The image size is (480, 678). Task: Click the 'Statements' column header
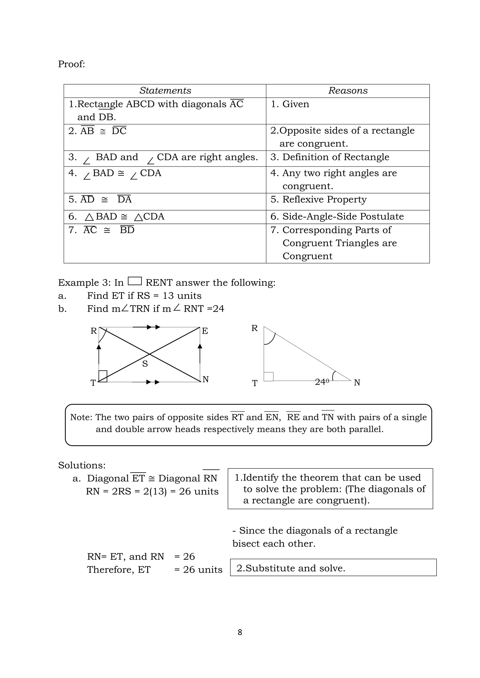click(165, 91)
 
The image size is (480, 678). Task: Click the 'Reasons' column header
click(348, 91)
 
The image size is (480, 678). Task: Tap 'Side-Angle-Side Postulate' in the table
click(343, 217)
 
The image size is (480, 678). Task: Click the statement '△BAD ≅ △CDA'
click(124, 217)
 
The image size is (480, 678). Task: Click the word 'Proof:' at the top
click(71, 64)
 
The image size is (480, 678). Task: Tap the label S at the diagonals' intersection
click(145, 364)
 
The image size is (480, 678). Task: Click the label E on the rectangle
click(205, 331)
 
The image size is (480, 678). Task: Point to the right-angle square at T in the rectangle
click(103, 376)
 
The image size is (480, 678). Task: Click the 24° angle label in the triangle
click(322, 382)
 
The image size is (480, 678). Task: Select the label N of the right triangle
click(357, 383)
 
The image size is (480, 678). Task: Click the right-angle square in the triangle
click(268, 376)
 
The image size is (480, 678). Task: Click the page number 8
click(240, 632)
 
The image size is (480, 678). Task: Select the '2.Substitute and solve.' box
click(333, 568)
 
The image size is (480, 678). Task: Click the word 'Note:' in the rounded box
click(81, 417)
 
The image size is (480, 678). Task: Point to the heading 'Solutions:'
click(82, 465)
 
